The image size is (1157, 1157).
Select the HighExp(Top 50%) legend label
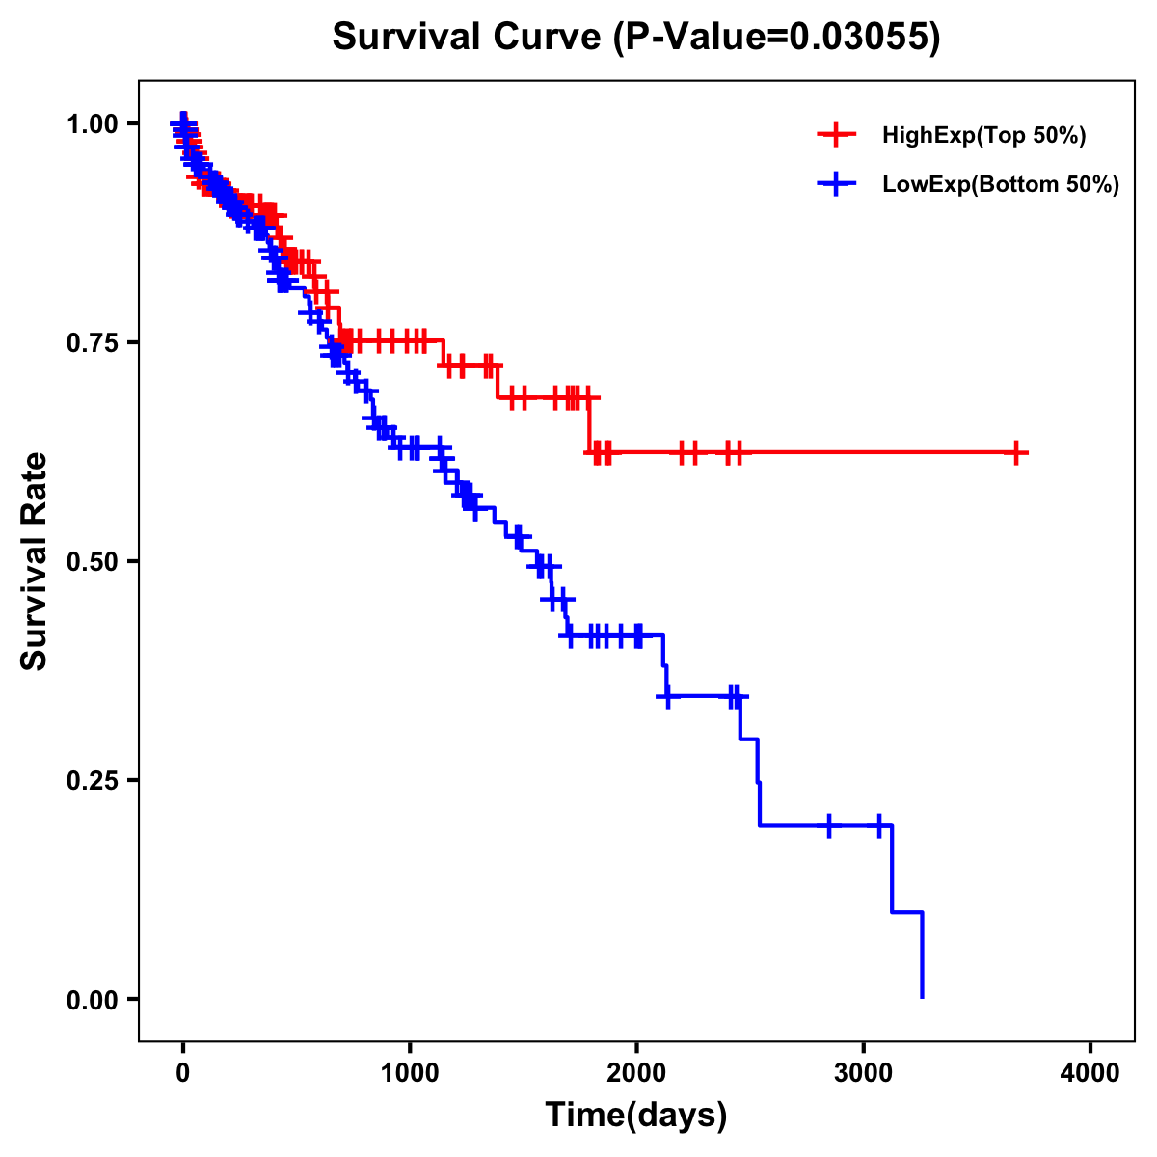pos(984,136)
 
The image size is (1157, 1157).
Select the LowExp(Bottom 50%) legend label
pos(1001,185)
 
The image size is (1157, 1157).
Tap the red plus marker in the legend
pos(836,135)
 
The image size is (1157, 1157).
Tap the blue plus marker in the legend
pos(836,184)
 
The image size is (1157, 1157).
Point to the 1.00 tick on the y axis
pos(92,123)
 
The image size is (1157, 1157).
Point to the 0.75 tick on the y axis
pos(92,342)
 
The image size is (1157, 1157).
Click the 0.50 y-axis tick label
pos(92,561)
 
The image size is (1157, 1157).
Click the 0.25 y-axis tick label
pos(92,780)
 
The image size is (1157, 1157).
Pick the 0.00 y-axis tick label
pos(92,999)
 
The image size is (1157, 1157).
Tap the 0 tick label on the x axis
pos(183,1074)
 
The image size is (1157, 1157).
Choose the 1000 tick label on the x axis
pos(410,1074)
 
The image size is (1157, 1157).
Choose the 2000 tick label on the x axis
pos(636,1074)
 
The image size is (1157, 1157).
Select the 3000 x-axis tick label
pos(864,1074)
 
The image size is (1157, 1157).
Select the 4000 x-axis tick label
pos(1090,1074)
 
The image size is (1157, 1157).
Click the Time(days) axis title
pos(636,1116)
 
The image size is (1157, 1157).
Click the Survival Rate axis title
pos(35,561)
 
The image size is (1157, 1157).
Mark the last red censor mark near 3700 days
pos(1016,452)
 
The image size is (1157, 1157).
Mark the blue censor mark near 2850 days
pos(829,825)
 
